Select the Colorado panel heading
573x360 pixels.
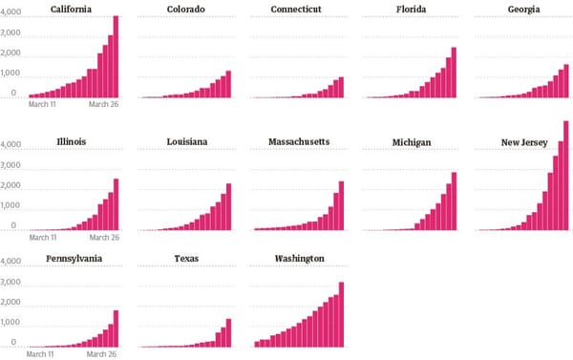[x=185, y=9]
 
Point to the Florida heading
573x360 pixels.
[x=411, y=9]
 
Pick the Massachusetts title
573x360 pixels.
[x=298, y=142]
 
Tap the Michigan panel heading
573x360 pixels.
[x=411, y=142]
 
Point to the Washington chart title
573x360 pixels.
[x=298, y=259]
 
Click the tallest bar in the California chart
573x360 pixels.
[x=116, y=57]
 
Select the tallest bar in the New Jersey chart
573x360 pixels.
[x=566, y=176]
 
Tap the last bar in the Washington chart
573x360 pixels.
[x=341, y=315]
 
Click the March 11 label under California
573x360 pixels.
[x=43, y=104]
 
